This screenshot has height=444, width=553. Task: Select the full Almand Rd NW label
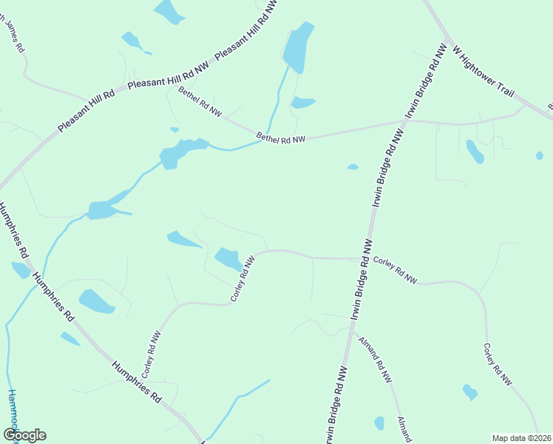pyautogui.click(x=374, y=360)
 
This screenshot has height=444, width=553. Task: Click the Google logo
pyautogui.click(x=24, y=435)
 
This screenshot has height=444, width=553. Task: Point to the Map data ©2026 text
pyautogui.click(x=521, y=437)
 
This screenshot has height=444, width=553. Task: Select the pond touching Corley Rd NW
pyautogui.click(x=228, y=259)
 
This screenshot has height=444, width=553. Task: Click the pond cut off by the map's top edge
pyautogui.click(x=169, y=11)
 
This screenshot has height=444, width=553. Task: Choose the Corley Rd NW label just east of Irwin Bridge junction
pyautogui.click(x=395, y=270)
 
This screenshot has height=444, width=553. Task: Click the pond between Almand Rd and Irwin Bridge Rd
pyautogui.click(x=379, y=423)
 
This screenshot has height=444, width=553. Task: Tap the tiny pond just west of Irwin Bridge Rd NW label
pyautogui.click(x=353, y=167)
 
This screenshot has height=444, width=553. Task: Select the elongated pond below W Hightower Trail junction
pyautogui.click(x=475, y=152)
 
